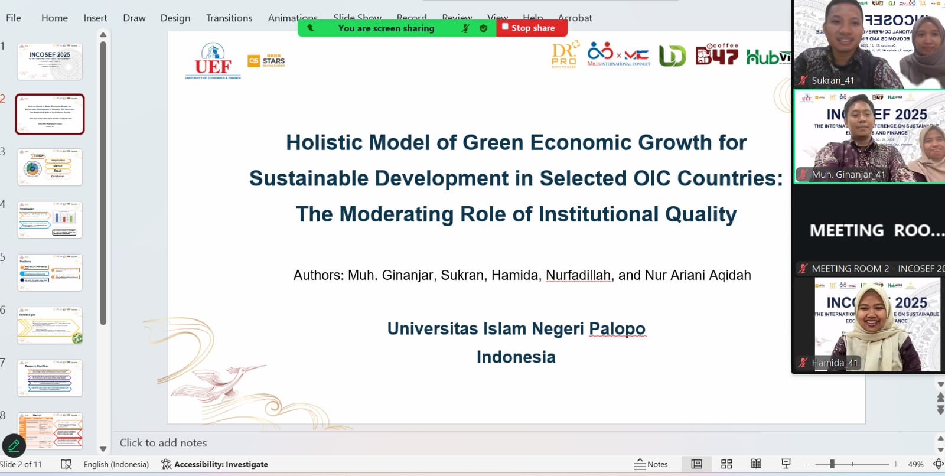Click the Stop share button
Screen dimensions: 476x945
tap(532, 28)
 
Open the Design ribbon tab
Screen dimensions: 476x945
tap(175, 18)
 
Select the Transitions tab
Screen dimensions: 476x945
tap(229, 18)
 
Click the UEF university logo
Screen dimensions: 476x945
tap(213, 61)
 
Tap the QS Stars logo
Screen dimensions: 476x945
tap(266, 61)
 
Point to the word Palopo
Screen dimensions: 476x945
tap(617, 328)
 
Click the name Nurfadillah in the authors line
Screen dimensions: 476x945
tap(578, 275)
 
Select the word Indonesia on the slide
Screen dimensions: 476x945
tap(516, 357)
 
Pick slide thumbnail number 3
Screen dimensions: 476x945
tap(50, 167)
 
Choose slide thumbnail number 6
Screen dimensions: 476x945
tap(50, 325)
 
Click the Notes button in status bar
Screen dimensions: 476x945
tap(651, 464)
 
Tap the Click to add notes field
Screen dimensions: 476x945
tap(164, 443)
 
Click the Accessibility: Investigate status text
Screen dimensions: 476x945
tap(220, 464)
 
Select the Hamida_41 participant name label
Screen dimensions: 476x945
tap(834, 363)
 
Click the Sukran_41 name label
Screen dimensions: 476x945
tap(832, 80)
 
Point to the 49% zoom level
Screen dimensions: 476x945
tap(915, 464)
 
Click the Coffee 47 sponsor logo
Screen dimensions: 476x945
tap(716, 55)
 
